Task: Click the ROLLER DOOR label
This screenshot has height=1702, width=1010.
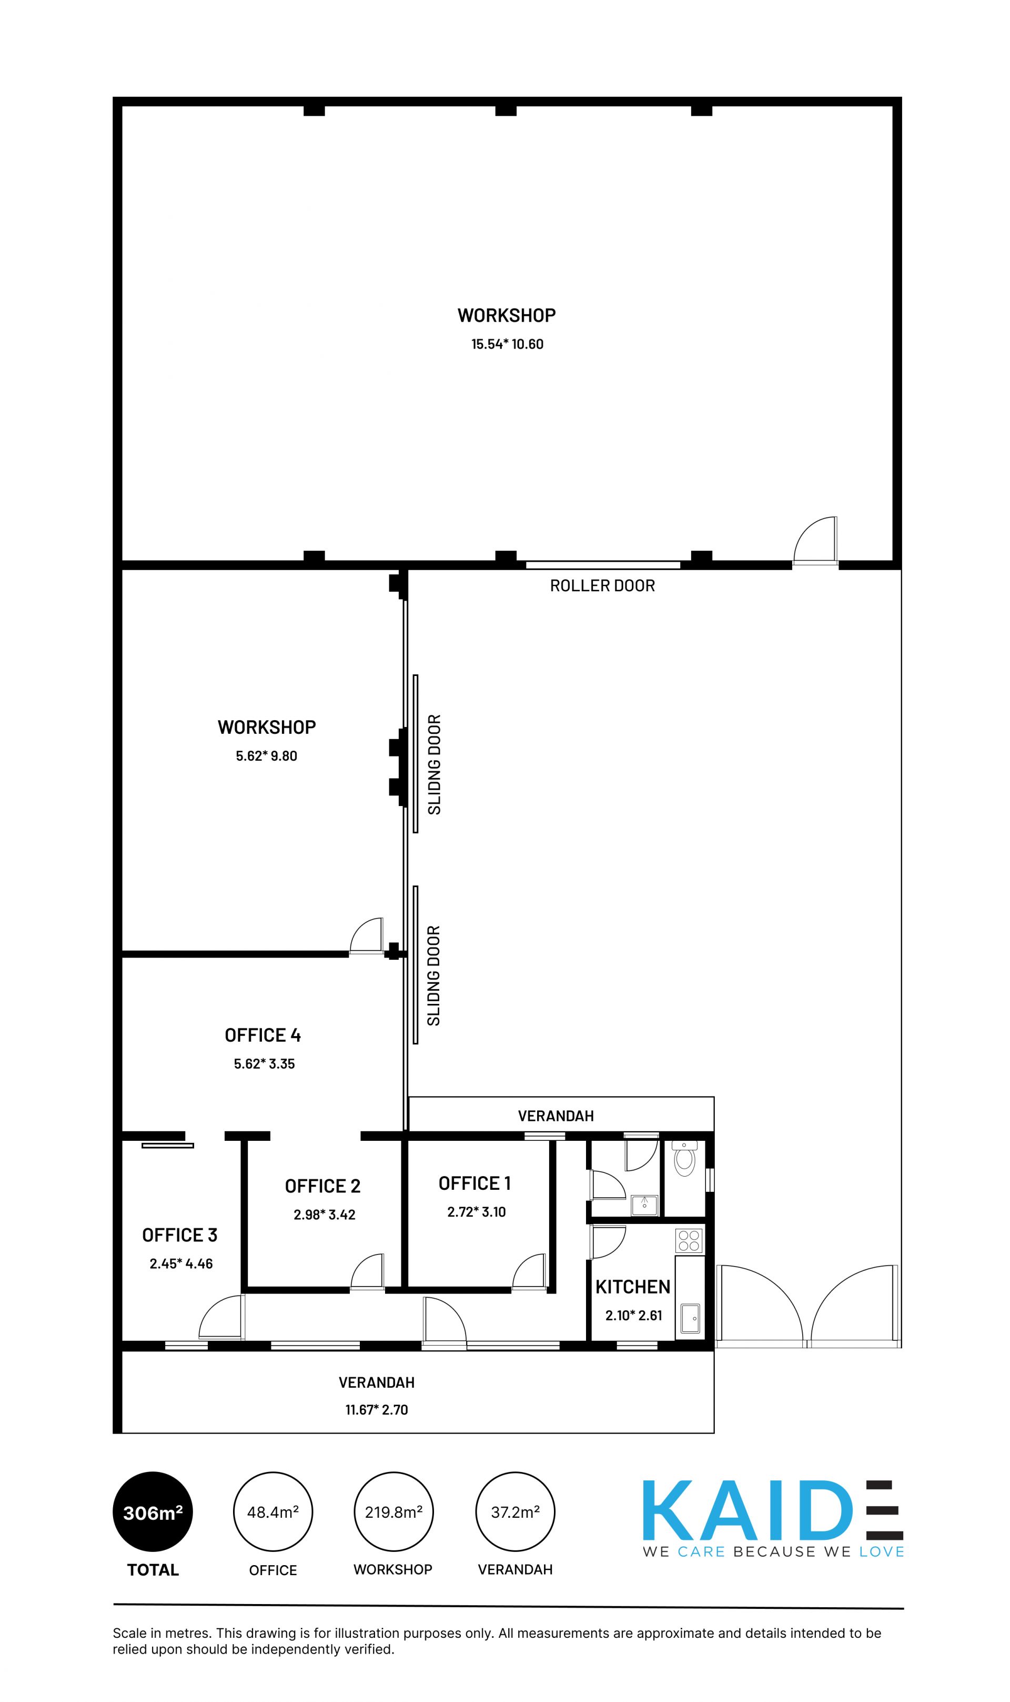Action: click(x=602, y=586)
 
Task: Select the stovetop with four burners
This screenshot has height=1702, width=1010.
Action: click(x=690, y=1240)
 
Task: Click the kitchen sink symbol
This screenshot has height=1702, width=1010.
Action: click(x=690, y=1318)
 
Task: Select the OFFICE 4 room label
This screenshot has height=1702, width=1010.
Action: click(x=262, y=1034)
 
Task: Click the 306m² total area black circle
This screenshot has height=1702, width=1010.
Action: click(x=153, y=1511)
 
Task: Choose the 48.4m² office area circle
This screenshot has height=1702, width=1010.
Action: click(x=273, y=1511)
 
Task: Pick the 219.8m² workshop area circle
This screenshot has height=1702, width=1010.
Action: click(x=394, y=1511)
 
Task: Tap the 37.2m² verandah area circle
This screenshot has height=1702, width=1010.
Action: click(x=515, y=1511)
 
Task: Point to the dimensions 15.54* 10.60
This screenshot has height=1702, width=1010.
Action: click(x=508, y=344)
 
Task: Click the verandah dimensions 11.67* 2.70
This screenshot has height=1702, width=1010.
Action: click(x=376, y=1410)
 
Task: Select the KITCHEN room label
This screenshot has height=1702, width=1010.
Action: click(x=633, y=1287)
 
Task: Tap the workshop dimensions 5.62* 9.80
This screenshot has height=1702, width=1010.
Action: click(x=266, y=755)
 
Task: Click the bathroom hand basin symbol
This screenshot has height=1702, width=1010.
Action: click(x=644, y=1205)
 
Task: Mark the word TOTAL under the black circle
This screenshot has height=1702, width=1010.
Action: click(x=153, y=1570)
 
